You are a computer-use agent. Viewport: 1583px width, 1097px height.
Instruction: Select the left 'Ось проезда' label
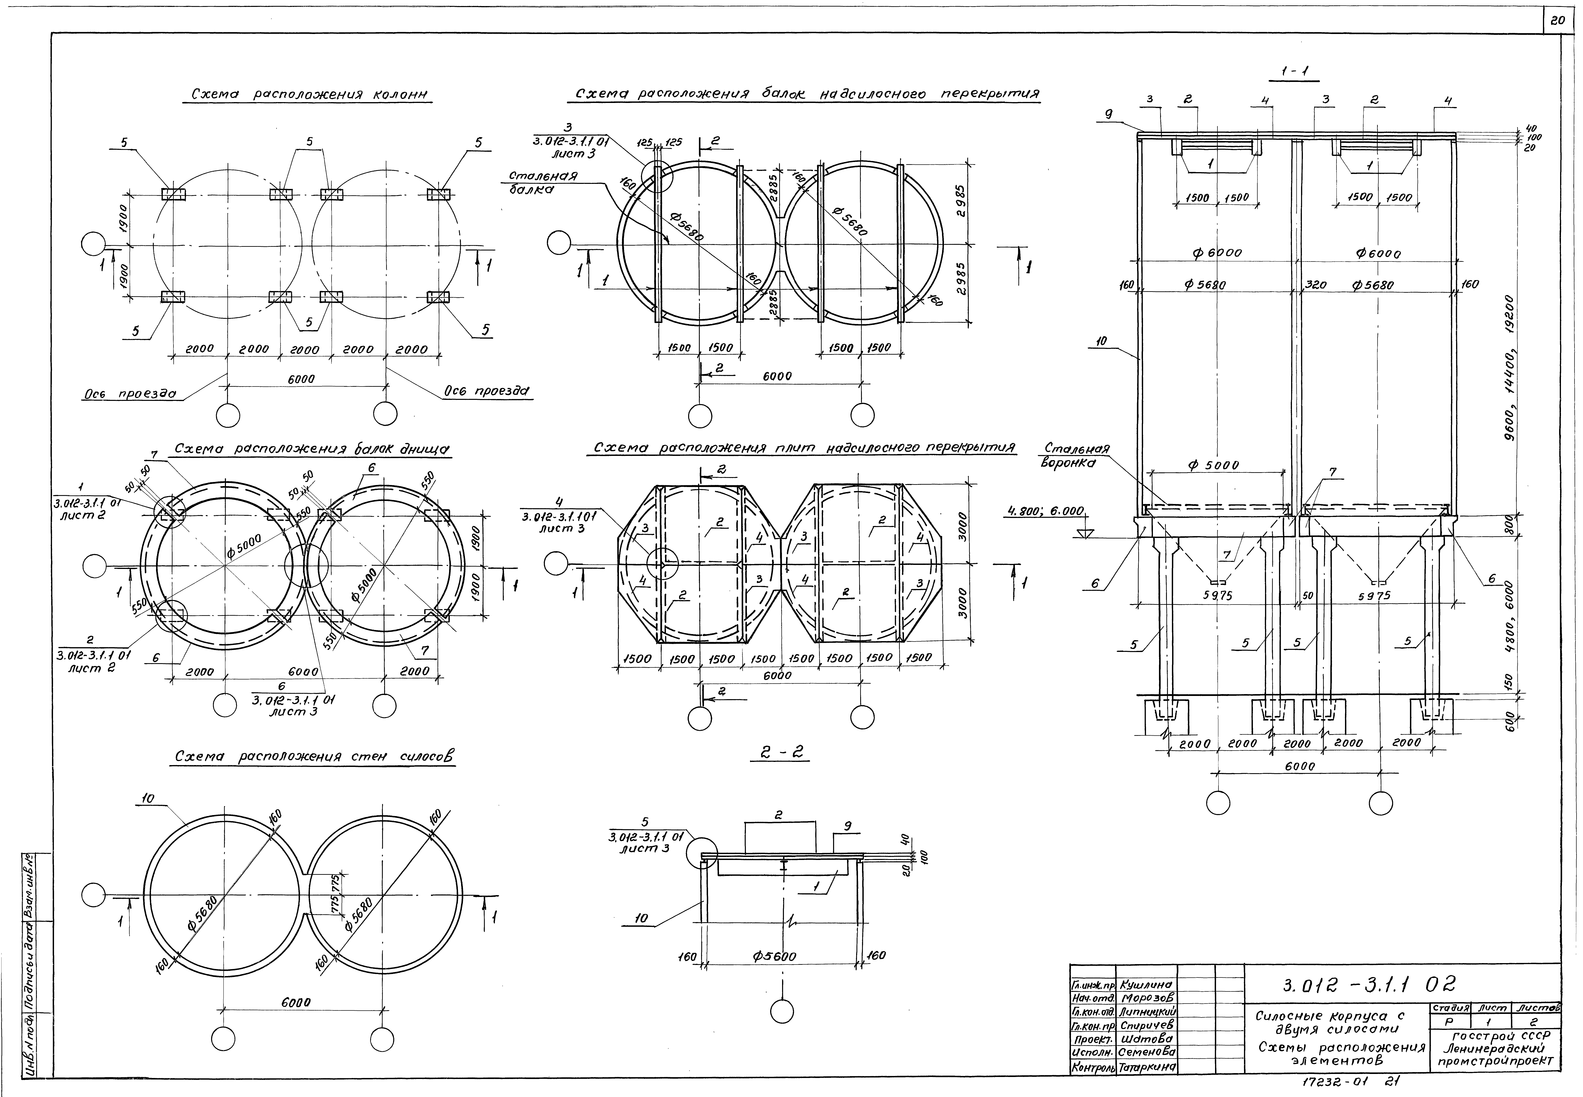(130, 394)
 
